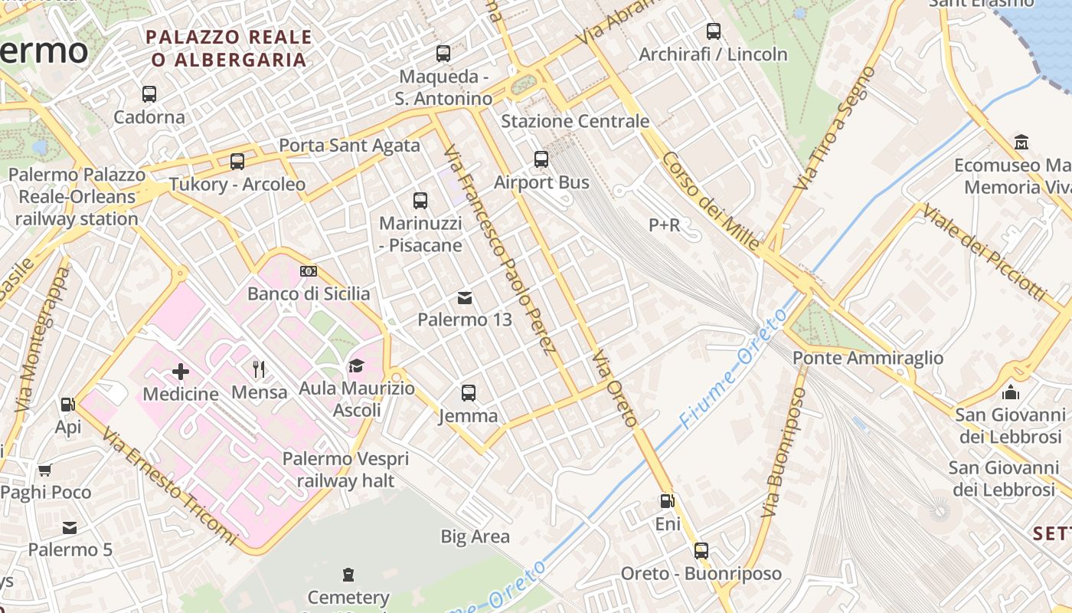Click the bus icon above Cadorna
tap(149, 94)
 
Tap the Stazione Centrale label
tap(574, 121)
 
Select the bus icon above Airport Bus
tap(541, 159)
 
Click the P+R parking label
tap(664, 225)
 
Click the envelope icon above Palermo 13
tap(465, 297)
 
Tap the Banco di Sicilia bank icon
tap(309, 271)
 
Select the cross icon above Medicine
tap(181, 372)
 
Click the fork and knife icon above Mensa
tap(259, 370)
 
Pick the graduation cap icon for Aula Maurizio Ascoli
tap(356, 366)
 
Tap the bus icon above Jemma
tap(469, 393)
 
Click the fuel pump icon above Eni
tap(668, 501)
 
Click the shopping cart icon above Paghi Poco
tap(45, 470)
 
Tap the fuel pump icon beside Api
tap(67, 404)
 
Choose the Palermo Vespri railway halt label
tap(345, 470)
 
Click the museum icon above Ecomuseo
tap(1021, 143)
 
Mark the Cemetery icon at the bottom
tap(348, 574)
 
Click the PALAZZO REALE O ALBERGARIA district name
tap(229, 48)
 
